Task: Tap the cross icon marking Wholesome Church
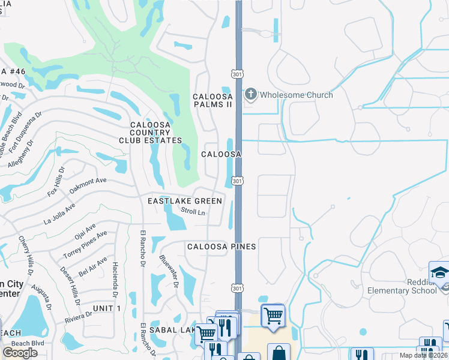[251, 94]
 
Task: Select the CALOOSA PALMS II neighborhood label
[212, 100]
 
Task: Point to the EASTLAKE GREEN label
[185, 201]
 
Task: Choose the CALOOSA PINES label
[221, 247]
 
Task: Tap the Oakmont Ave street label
[88, 181]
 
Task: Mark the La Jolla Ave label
[59, 213]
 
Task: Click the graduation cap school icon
[439, 272]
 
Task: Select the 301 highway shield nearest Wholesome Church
[237, 73]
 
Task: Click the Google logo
[20, 352]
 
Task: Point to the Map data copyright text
[425, 355]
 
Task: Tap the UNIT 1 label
[107, 308]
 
